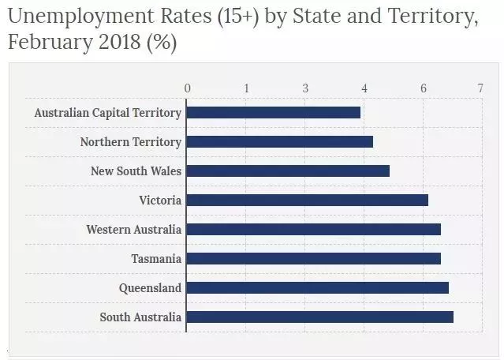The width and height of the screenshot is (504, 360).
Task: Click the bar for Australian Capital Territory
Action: coord(273,112)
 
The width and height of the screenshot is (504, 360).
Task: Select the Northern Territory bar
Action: coord(279,142)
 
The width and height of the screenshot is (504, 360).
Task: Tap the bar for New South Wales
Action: coord(288,171)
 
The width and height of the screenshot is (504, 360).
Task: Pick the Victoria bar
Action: coord(307,201)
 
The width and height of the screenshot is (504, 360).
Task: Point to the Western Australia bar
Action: coord(313,230)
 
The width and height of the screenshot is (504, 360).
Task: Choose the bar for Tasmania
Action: coord(313,259)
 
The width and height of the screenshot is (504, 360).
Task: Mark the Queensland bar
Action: coord(317,288)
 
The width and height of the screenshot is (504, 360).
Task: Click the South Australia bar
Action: coord(319,317)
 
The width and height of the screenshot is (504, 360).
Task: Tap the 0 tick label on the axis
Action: coord(187,88)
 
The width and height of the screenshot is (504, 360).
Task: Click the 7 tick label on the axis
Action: coord(480,88)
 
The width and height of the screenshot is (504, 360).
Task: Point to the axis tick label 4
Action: coord(364,88)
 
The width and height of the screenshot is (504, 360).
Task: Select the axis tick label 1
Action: coord(246,88)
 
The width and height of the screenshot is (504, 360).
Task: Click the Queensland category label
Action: coord(150,288)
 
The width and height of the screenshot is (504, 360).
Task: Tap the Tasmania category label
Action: coord(156,259)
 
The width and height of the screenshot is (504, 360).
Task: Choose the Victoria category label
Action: coord(160,201)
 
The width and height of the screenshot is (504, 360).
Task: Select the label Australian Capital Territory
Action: coord(107,113)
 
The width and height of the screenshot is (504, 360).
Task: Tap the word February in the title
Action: coord(45,42)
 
